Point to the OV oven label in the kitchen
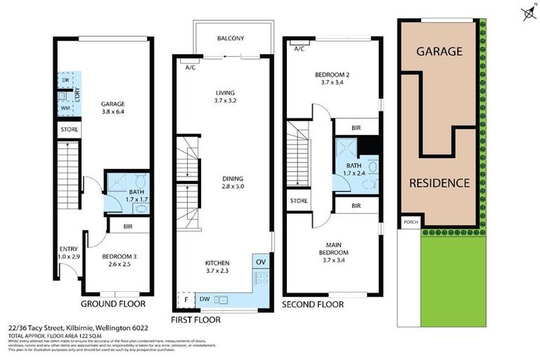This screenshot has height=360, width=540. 261,262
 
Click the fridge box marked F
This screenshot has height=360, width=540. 186,299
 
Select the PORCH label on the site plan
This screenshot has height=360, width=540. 409,222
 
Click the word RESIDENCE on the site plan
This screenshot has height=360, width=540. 439,183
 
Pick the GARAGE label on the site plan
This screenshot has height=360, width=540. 439,51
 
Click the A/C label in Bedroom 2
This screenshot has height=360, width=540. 299,49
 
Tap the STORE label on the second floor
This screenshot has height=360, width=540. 298,201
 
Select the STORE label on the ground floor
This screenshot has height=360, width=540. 69,129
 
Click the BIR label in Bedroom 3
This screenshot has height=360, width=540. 128,226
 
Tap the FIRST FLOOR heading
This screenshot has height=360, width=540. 196,319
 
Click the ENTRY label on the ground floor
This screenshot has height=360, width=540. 69,248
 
